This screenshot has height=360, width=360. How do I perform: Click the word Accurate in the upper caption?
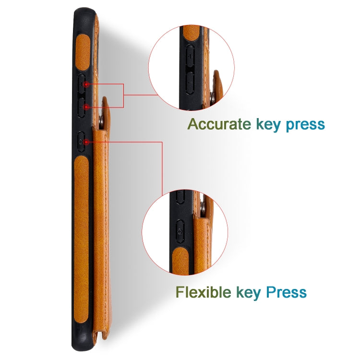pos(218,124)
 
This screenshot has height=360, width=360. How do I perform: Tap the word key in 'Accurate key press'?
pos(268,124)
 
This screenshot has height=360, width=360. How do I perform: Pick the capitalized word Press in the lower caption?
pos(286,292)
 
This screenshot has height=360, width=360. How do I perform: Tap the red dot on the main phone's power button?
pos(85,142)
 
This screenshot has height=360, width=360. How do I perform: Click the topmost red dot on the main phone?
pos(85,84)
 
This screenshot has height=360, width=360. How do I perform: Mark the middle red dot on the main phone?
pos(85,106)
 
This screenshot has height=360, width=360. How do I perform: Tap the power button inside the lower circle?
pos(180,231)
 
